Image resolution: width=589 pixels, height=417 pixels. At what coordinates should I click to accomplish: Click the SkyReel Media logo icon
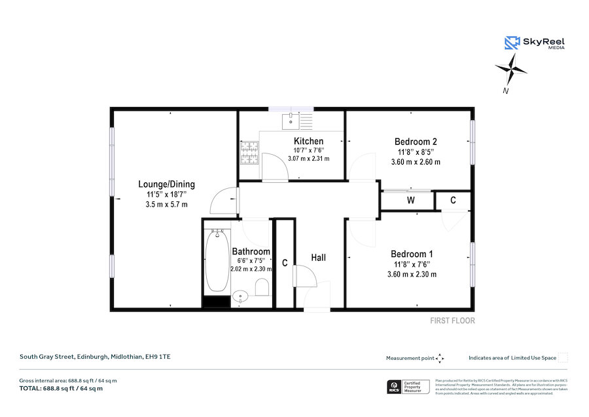click(x=512, y=43)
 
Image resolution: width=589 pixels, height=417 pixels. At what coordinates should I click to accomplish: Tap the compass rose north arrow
click(x=511, y=68)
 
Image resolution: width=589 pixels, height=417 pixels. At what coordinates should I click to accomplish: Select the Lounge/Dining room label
click(x=166, y=184)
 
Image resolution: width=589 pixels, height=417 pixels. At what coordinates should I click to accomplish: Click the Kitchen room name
click(x=308, y=141)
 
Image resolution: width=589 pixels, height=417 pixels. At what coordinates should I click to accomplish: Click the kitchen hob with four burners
click(x=249, y=153)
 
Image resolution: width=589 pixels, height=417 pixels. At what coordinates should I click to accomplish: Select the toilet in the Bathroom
click(x=262, y=287)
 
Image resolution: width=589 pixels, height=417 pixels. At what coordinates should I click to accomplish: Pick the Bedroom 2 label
click(x=416, y=141)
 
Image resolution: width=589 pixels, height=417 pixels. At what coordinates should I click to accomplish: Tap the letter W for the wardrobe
click(x=411, y=200)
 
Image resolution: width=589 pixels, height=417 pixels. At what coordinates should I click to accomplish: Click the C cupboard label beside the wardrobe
click(x=453, y=200)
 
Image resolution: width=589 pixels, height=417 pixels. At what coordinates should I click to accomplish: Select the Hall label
click(x=318, y=258)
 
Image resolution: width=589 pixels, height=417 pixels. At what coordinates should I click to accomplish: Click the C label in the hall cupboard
click(x=285, y=263)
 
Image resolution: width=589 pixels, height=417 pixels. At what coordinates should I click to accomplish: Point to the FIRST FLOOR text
click(x=452, y=321)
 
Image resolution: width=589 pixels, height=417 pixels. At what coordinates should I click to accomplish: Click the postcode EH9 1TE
click(x=157, y=357)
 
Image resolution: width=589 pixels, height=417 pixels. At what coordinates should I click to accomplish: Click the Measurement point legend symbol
click(x=440, y=358)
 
